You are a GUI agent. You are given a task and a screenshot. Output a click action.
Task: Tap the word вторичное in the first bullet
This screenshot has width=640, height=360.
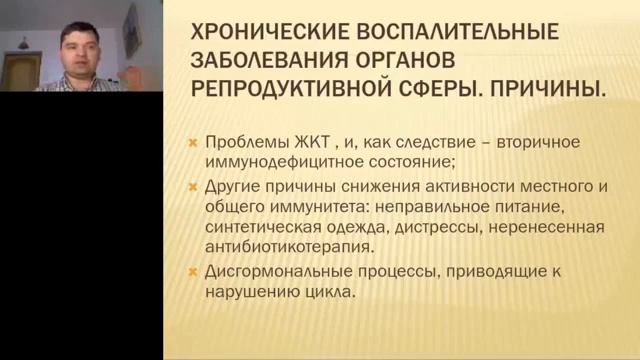click(529, 141)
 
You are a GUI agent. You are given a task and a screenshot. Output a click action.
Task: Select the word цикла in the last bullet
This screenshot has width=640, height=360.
click(333, 294)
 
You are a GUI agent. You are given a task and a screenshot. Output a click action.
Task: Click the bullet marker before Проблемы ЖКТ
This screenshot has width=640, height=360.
click(195, 142)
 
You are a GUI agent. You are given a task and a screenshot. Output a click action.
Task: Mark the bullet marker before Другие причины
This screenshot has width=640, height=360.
click(195, 185)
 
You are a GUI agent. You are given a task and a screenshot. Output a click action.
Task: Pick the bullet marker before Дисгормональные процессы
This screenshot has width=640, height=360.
click(195, 274)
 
